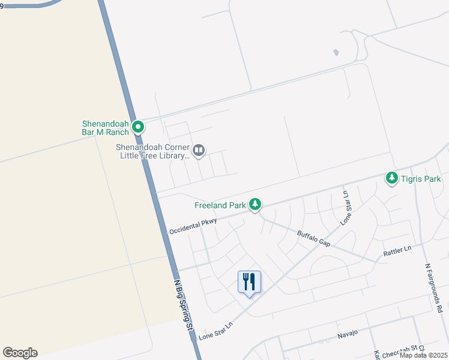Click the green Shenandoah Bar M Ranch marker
click(138, 127)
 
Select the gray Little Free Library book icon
click(199, 150)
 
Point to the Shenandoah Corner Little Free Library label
click(154, 151)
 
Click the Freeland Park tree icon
click(255, 205)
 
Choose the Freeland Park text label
click(220, 205)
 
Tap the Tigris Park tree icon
click(392, 178)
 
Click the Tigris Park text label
click(421, 179)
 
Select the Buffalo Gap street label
click(313, 238)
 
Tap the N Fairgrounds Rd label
click(433, 287)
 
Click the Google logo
click(20, 353)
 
